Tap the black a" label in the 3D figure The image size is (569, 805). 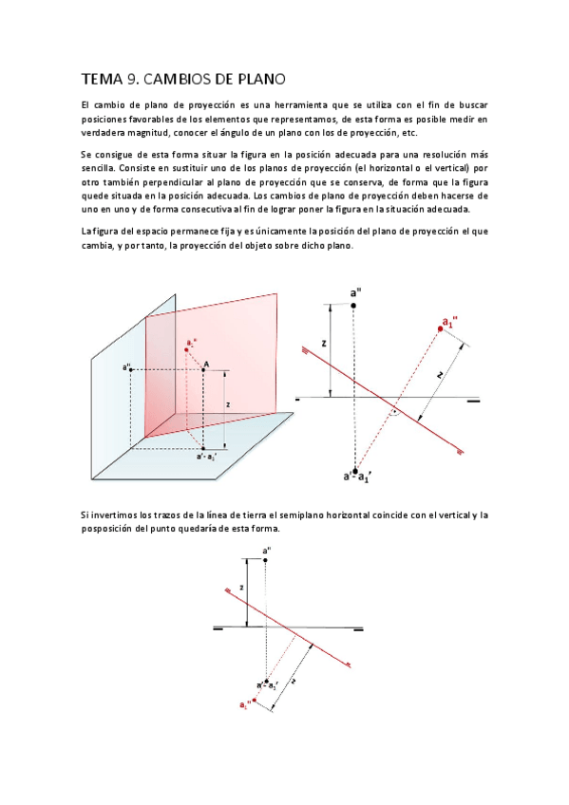[126, 368]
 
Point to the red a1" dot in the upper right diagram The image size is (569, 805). [441, 328]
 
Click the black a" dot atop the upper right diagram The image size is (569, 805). [353, 305]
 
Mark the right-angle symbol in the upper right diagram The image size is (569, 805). [392, 414]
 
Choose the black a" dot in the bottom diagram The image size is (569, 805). [266, 560]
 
